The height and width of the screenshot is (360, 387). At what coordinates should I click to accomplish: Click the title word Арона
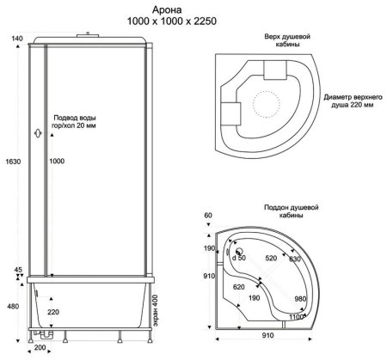tap(167, 9)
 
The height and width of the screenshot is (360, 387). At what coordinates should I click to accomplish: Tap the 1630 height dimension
tap(13, 162)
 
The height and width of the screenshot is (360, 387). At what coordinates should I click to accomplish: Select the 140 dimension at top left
tap(17, 39)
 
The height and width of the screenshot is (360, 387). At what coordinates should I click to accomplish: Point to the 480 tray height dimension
tap(13, 307)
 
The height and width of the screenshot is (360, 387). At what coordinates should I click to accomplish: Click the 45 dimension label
tap(18, 270)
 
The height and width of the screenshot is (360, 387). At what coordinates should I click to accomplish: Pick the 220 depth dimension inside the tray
tap(53, 312)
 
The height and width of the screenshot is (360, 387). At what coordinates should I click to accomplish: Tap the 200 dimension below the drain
tap(40, 347)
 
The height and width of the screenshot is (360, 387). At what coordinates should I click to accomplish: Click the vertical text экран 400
tap(155, 310)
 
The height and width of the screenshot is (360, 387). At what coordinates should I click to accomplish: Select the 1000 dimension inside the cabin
tap(57, 161)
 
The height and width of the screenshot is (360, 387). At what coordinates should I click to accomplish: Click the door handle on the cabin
tap(38, 133)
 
